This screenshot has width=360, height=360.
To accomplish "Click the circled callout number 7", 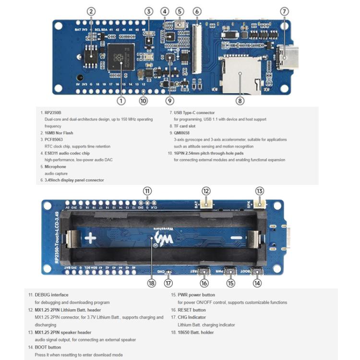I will pos(284,12).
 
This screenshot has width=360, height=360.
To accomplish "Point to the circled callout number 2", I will pos(92,12).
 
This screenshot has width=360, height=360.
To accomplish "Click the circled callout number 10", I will pos(143,100).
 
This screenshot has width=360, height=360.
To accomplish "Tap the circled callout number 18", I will pos(152,283).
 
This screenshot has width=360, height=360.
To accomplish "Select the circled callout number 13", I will pos(259,191).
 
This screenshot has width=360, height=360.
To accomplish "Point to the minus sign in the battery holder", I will pos(235,238).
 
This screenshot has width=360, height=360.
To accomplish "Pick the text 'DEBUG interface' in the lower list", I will pos(51,295).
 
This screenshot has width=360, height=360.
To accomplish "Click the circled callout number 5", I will pos(180,12).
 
